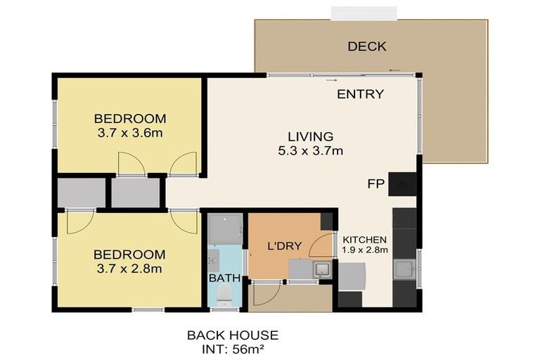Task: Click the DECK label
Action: click(x=367, y=46)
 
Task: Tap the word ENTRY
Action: click(x=360, y=94)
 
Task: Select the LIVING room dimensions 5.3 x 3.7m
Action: click(x=311, y=151)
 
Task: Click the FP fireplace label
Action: click(x=375, y=184)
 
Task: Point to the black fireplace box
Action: click(x=402, y=184)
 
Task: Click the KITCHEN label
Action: click(x=365, y=240)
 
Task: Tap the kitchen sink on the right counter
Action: click(x=404, y=269)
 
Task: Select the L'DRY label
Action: click(x=285, y=246)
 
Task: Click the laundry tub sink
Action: click(x=322, y=269)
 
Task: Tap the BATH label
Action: click(x=224, y=278)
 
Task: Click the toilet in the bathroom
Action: click(x=225, y=297)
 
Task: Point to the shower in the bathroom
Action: click(x=226, y=229)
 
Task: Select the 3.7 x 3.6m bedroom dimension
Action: click(x=130, y=133)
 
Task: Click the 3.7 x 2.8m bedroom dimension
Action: click(x=129, y=269)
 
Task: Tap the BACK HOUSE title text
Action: click(x=233, y=335)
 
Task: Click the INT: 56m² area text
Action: click(x=233, y=349)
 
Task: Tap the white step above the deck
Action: click(x=364, y=13)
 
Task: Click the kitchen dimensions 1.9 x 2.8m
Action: click(x=365, y=250)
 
